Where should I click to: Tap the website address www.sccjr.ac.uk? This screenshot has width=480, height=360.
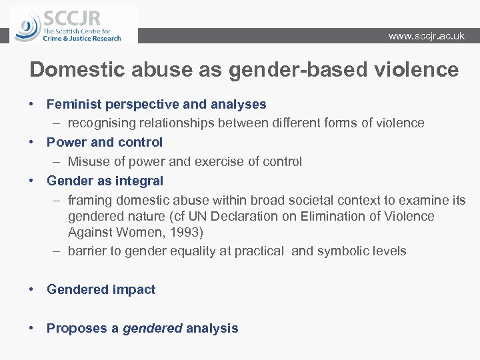coord(427,36)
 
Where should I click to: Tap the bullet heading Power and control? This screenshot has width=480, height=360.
coord(105,142)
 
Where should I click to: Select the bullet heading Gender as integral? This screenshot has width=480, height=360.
coord(105,181)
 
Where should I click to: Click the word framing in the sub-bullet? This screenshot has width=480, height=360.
coord(90,200)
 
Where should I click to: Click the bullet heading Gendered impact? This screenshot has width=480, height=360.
coord(101,289)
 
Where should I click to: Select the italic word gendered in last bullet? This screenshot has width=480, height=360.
coord(152,328)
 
